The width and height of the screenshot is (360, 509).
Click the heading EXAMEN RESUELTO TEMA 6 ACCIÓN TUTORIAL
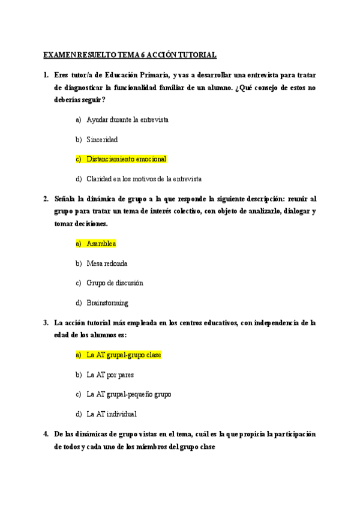[130, 55]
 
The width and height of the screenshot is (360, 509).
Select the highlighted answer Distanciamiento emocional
[126, 159]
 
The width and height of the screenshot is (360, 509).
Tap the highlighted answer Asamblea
[101, 244]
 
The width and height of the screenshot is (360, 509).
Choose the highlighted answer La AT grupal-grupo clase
[124, 355]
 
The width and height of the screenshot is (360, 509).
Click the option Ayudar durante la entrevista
[127, 119]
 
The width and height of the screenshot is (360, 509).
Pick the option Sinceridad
[102, 139]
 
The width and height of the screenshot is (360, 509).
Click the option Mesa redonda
[107, 264]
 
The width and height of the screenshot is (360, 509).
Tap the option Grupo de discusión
[115, 283]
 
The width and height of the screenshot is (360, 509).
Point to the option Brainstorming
[107, 303]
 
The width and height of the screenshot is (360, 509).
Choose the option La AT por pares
[110, 375]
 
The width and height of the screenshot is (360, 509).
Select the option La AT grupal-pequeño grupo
[128, 394]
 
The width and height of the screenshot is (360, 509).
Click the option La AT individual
[112, 414]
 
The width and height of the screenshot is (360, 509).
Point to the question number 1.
[46, 75]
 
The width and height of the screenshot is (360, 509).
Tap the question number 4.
[46, 434]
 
